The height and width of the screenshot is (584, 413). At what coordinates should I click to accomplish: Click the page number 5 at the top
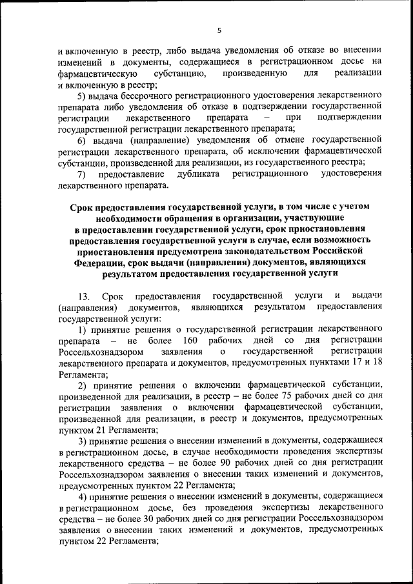(219, 30)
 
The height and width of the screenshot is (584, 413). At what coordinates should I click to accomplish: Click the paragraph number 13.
(83, 296)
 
